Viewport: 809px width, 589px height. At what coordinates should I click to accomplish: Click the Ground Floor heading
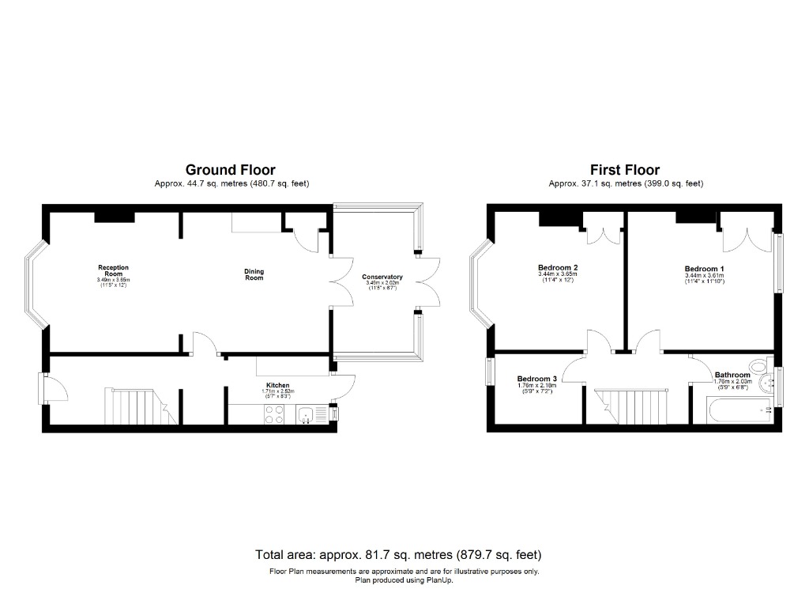[230, 169]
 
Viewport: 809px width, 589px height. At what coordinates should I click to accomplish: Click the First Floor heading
[624, 169]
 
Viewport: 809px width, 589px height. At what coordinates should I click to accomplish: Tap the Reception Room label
[113, 271]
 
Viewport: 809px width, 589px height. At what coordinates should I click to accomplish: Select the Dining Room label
[254, 275]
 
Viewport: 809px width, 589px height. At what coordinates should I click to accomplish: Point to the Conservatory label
[382, 277]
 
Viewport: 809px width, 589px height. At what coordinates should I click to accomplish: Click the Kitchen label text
[277, 385]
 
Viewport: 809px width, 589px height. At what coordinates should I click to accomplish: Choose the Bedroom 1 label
[703, 269]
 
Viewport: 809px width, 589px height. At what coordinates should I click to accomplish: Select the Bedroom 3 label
[536, 379]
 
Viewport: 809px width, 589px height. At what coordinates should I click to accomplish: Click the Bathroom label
[732, 375]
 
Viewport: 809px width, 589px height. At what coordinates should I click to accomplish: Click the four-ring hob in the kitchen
[273, 414]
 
